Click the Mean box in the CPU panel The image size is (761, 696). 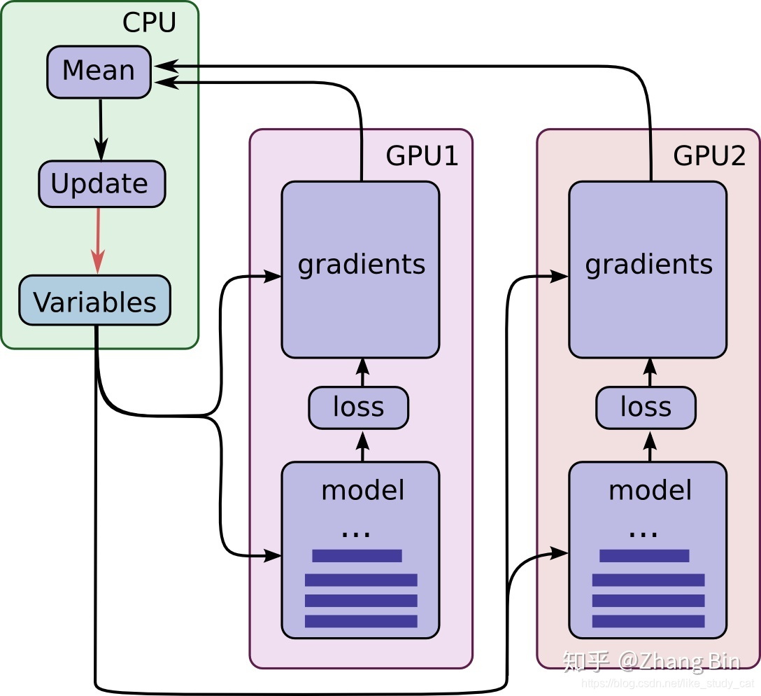(99, 72)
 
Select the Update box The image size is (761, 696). (102, 184)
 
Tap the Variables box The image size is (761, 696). (94, 300)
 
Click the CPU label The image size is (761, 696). (149, 22)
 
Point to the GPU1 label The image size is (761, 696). (422, 156)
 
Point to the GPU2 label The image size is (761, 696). (709, 156)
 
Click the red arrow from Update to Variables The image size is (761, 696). (98, 241)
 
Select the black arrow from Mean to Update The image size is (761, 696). (101, 130)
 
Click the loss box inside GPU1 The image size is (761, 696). (359, 408)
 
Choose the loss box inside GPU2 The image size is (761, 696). (646, 408)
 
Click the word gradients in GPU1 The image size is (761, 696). (362, 265)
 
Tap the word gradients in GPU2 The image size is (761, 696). (649, 265)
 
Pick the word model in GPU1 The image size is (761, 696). (362, 490)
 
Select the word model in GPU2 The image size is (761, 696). (650, 490)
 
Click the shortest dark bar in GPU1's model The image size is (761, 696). (357, 556)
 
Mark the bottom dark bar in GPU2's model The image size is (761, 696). (648, 621)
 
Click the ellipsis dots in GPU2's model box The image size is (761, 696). (643, 534)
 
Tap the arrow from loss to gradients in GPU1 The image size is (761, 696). (362, 373)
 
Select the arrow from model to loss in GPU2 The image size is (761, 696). (650, 447)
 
